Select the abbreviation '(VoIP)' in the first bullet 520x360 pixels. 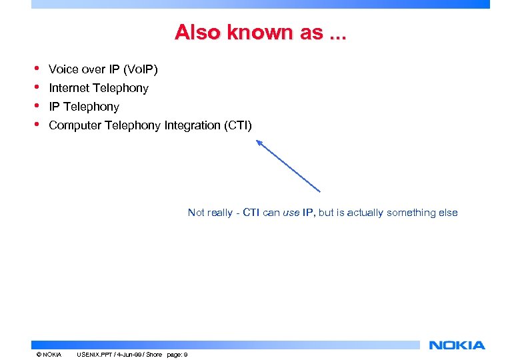point(140,69)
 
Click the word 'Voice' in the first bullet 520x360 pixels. point(63,69)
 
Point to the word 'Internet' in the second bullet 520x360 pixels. point(69,88)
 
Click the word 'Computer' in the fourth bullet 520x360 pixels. point(75,125)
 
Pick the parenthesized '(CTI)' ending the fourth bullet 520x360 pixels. point(238,125)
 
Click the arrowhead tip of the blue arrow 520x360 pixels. point(258,141)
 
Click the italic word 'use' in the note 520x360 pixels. point(291,213)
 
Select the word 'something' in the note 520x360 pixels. point(413,213)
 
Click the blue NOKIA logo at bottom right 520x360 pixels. point(457,345)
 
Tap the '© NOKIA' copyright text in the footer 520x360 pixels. point(49,354)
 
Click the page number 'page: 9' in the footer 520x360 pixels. point(177,354)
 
